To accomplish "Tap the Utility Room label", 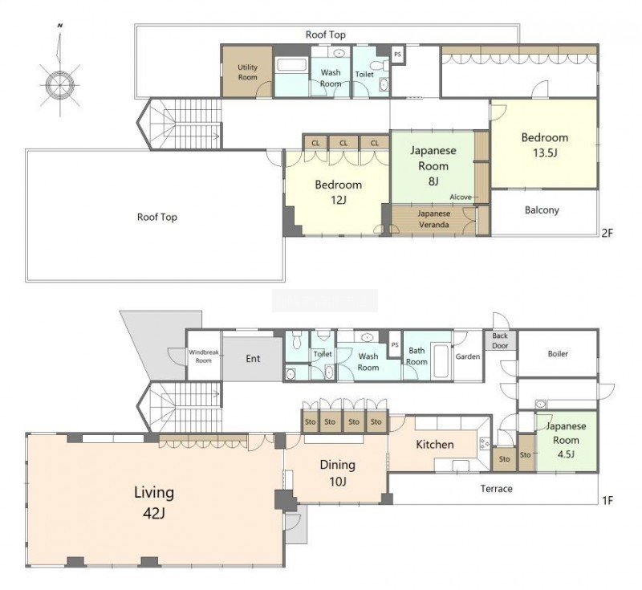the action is (248, 72).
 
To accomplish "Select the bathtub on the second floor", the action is (291, 65).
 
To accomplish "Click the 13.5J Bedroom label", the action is (544, 145).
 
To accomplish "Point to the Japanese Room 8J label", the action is (433, 165).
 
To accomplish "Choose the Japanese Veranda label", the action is (433, 219).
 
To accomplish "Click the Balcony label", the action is (542, 210).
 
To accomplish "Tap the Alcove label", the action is (461, 197).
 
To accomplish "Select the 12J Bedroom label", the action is (338, 192).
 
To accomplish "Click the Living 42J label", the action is (154, 502).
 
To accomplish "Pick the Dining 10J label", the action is (337, 473).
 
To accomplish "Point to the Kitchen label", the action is (435, 444).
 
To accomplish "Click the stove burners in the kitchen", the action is (486, 443).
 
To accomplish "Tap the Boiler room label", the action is (558, 353).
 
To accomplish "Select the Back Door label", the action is (500, 340).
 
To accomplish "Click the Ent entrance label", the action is (253, 359).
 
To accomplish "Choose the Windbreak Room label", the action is (204, 356).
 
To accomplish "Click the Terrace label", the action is (496, 489).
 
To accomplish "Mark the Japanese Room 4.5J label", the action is (567, 440).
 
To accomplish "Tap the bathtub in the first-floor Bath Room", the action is (441, 361).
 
